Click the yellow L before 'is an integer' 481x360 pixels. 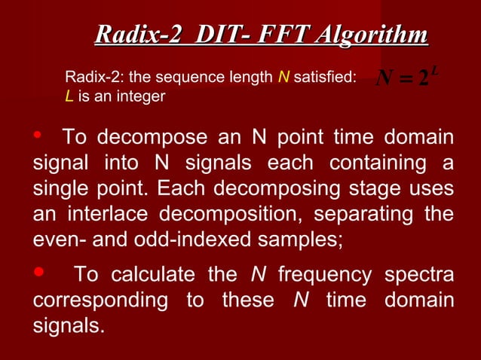pyautogui.click(x=69, y=98)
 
